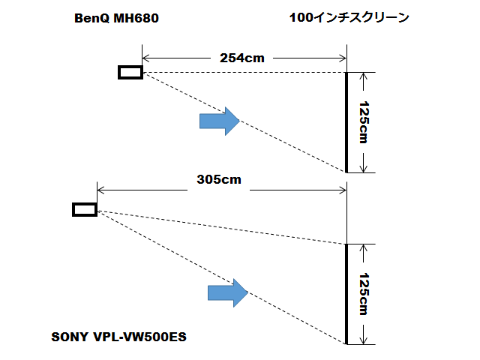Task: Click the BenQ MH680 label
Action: tap(116, 18)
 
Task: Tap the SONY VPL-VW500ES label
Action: tap(118, 337)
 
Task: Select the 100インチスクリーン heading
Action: tap(349, 18)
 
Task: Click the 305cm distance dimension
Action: tap(219, 180)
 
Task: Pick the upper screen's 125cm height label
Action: tap(364, 122)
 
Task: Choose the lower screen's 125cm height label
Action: tap(364, 294)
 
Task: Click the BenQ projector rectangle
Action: tap(130, 72)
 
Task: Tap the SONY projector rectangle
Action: tap(85, 209)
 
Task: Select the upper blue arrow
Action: tap(218, 120)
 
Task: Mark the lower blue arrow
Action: tap(227, 292)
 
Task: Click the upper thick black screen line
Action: tap(346, 122)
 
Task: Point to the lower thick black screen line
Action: tap(346, 294)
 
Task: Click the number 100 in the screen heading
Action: tap(300, 18)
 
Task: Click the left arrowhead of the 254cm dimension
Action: tap(146, 57)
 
